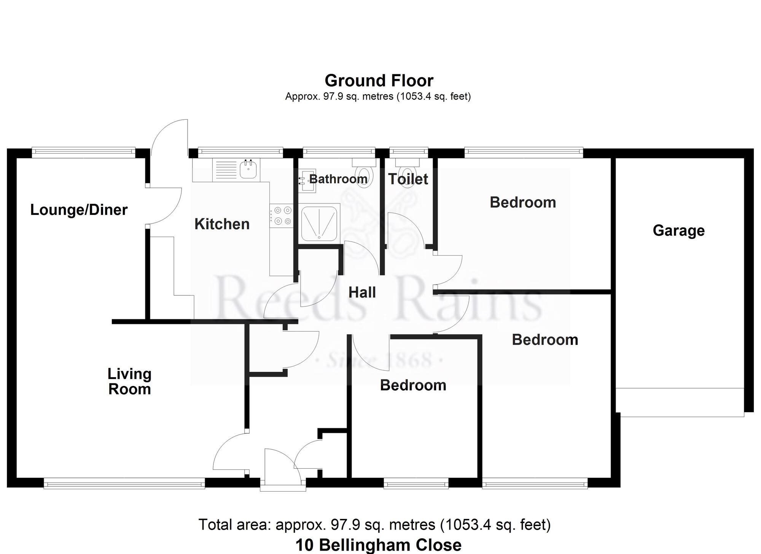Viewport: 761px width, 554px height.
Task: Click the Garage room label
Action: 678,231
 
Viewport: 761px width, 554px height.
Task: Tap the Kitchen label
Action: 222,224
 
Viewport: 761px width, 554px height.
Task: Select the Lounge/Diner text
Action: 79,210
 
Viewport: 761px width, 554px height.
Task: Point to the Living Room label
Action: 129,381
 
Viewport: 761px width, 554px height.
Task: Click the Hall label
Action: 362,293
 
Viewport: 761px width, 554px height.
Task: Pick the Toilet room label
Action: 408,179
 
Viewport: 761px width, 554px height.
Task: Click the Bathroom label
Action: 338,179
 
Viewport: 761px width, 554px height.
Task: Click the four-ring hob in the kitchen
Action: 282,216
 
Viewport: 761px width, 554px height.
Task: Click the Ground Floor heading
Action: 379,81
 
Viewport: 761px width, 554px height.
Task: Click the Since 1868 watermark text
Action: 379,360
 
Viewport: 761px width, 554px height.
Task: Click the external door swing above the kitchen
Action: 170,138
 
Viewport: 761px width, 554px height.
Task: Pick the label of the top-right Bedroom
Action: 523,202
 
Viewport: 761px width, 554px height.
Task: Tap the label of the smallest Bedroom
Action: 413,385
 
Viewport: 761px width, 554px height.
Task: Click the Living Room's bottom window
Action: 124,484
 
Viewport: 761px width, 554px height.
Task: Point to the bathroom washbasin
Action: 307,181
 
